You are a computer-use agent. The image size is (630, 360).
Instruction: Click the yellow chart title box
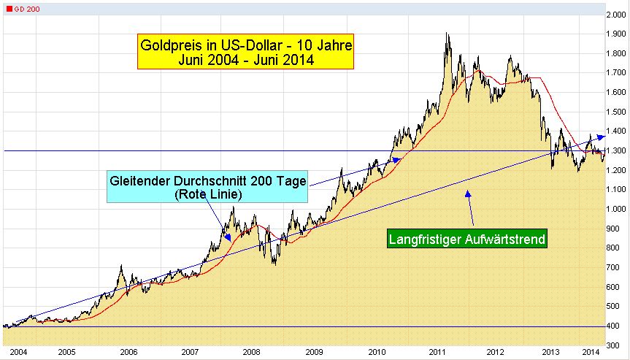pos(245,53)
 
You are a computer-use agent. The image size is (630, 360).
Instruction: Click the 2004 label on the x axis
pos(19,352)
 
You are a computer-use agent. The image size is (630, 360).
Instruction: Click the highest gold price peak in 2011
pos(447,34)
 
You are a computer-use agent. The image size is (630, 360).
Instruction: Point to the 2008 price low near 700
pos(274,264)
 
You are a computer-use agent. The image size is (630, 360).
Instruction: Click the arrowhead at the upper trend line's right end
pos(602,136)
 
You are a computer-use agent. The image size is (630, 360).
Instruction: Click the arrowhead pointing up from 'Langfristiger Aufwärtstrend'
pos(469,192)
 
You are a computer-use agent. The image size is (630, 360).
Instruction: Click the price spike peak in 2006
pos(121,267)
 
